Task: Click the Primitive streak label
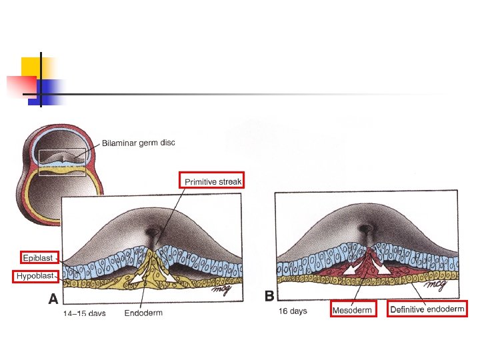(x=213, y=181)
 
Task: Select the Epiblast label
(x=39, y=257)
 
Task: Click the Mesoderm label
(x=353, y=309)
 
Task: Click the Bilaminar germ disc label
(x=139, y=143)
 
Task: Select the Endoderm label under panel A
(x=143, y=312)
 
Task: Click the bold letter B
(x=269, y=295)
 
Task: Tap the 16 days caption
(x=293, y=311)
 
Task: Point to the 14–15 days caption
(x=85, y=313)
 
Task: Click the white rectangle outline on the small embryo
(x=62, y=162)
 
